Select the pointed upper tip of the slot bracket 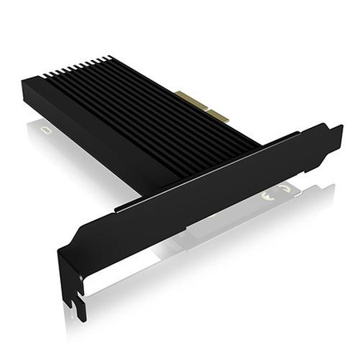coord(339,127)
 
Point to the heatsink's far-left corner coord(24,80)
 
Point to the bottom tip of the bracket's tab coord(82,318)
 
